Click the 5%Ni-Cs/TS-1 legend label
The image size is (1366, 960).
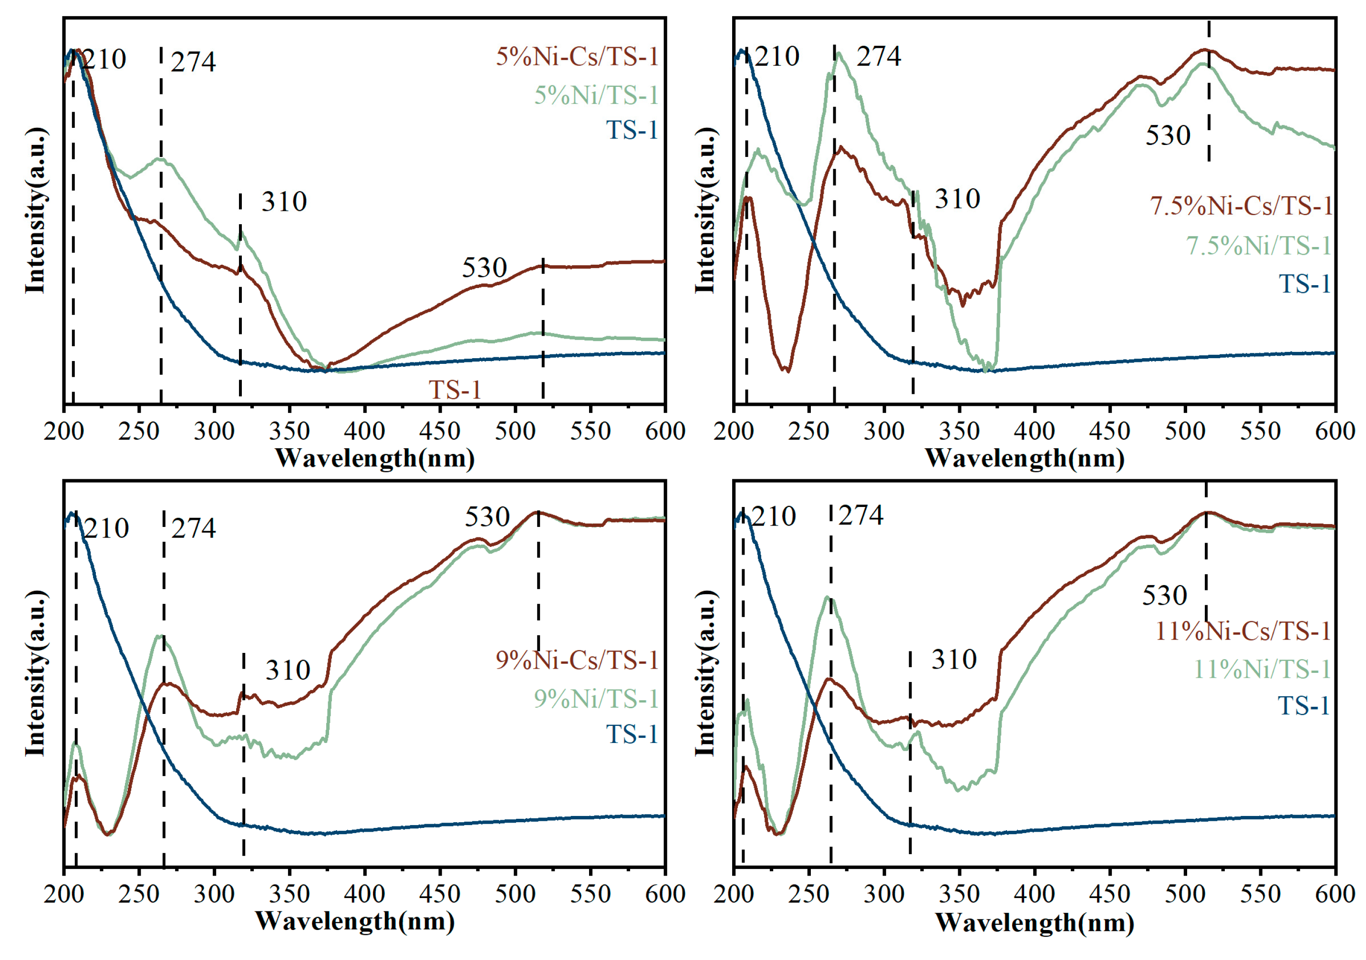tap(577, 56)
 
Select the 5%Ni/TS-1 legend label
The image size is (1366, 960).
tap(596, 95)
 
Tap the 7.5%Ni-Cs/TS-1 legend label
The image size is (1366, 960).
tap(1241, 206)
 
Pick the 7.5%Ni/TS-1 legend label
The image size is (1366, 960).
tap(1258, 246)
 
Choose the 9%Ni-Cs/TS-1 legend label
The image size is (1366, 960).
tap(577, 660)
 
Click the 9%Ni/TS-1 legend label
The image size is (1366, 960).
tap(596, 699)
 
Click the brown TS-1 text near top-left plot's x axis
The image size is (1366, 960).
tap(455, 390)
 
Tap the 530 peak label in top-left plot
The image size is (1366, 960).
tap(484, 268)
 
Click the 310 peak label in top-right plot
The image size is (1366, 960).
tap(957, 199)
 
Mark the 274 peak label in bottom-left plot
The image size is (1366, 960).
tap(193, 528)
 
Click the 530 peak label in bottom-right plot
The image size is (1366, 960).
tap(1164, 595)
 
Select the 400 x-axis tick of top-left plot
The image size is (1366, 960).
tap(364, 431)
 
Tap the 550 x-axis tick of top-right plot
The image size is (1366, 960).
tap(1260, 431)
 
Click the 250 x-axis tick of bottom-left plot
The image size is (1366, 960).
tap(139, 894)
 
